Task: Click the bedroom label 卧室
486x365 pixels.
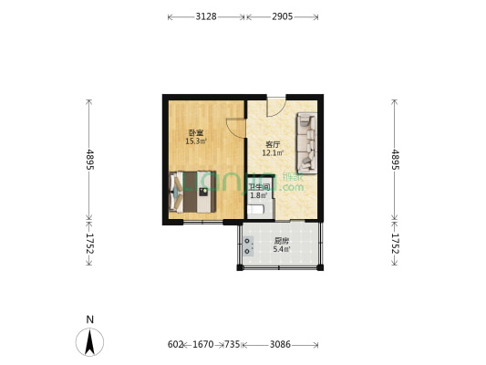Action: pyautogui.click(x=195, y=133)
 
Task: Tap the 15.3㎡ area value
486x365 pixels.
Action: pyautogui.click(x=195, y=141)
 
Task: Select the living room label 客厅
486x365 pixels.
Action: pyautogui.click(x=273, y=144)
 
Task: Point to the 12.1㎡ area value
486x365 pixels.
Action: pyautogui.click(x=273, y=153)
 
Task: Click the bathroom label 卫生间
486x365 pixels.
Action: pyautogui.click(x=258, y=187)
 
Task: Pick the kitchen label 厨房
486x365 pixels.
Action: pyautogui.click(x=281, y=241)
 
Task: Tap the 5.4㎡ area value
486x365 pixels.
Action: pyautogui.click(x=281, y=249)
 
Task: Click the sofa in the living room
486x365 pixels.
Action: pyautogui.click(x=306, y=142)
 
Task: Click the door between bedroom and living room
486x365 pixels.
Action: pyautogui.click(x=236, y=129)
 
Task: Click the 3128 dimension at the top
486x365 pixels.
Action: pyautogui.click(x=206, y=16)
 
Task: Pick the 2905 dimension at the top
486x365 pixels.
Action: pyautogui.click(x=282, y=16)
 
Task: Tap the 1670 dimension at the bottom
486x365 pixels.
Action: pyautogui.click(x=202, y=345)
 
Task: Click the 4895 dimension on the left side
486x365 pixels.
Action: pyautogui.click(x=89, y=160)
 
